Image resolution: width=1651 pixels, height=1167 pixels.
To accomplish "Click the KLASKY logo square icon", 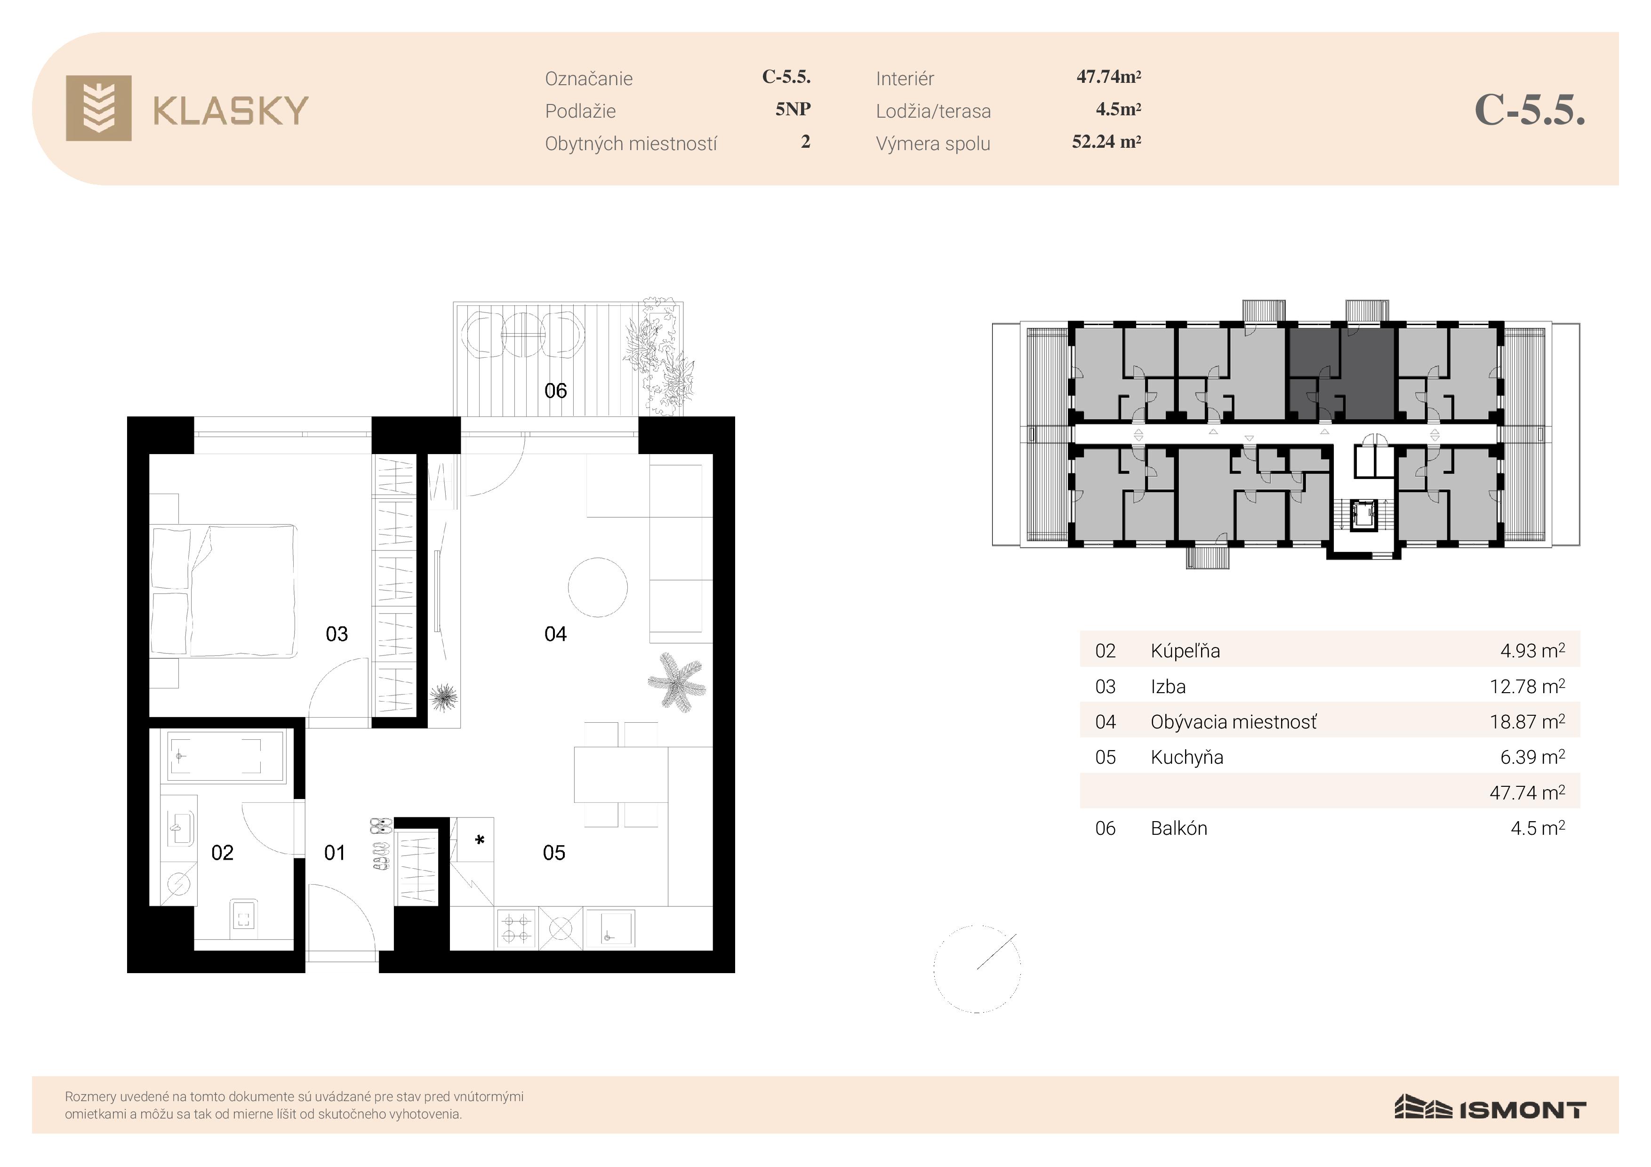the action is click(98, 108).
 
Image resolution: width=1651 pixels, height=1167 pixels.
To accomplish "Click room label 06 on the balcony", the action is click(555, 391).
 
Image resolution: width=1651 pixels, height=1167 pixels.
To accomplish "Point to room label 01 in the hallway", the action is click(334, 853).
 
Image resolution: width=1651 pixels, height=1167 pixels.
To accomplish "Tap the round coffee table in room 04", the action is click(598, 587).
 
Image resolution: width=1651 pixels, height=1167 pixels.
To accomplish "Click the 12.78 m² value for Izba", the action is click(1527, 686).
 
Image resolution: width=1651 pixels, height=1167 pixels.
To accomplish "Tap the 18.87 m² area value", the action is click(1527, 721).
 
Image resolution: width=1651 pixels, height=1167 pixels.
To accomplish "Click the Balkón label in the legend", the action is click(1178, 828).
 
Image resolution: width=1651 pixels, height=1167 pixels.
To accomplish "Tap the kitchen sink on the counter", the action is click(610, 928).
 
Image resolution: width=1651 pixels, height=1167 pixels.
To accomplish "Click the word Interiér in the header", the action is click(905, 79).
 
